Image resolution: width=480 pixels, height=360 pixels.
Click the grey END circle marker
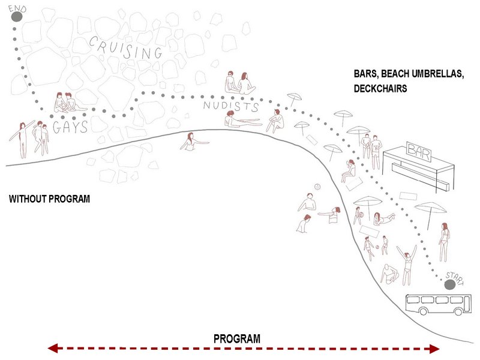[16, 17]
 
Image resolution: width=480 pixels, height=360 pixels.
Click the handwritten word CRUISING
[125, 48]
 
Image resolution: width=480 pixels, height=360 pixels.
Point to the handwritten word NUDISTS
[231, 107]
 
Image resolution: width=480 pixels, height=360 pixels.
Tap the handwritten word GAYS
[70, 127]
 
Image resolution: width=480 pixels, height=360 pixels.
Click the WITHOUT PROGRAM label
[49, 199]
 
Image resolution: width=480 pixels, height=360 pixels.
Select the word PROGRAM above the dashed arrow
[237, 339]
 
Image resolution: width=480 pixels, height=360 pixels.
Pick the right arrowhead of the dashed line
[435, 349]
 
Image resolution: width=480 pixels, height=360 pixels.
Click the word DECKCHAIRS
[381, 88]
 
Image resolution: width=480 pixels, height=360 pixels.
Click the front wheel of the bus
[423, 311]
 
